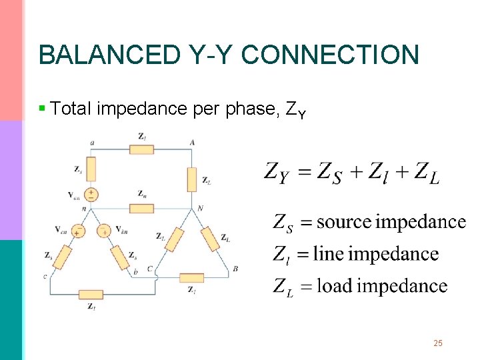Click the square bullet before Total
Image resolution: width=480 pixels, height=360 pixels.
43,108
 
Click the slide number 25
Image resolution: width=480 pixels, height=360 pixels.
438,343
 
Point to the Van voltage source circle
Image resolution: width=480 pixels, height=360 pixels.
91,195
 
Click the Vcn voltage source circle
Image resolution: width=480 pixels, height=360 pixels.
77,231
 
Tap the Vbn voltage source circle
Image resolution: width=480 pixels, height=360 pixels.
104,231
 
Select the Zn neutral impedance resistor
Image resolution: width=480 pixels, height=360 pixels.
141,208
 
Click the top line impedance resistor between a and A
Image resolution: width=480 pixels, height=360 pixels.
141,149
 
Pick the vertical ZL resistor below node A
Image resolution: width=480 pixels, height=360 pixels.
192,179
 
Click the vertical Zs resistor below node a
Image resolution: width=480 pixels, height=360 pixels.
91,169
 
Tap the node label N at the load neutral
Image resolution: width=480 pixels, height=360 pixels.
200,209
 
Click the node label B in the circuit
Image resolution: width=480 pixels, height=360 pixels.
236,269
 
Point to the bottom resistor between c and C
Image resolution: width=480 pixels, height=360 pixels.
90,295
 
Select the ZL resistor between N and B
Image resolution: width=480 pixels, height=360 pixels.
210,238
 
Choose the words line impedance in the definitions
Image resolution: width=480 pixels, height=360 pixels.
376,254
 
